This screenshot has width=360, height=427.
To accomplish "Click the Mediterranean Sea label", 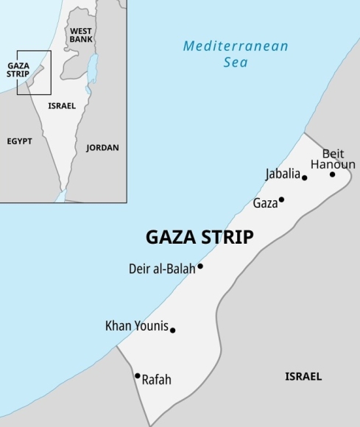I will [x=235, y=54].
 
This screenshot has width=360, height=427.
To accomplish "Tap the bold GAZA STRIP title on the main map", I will [x=200, y=237].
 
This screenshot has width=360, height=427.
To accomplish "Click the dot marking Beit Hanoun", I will [x=332, y=174].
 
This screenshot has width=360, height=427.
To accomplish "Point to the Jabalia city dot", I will [x=304, y=177].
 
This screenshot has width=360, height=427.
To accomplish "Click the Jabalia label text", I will [x=283, y=174].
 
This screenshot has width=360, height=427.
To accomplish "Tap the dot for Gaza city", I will [x=281, y=200].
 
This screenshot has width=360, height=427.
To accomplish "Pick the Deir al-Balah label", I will [x=161, y=269].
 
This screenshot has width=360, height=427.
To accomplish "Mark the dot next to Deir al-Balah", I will [x=200, y=266].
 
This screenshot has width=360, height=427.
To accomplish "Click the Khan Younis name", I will [x=137, y=325].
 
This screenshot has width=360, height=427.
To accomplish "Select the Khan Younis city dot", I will [x=173, y=330].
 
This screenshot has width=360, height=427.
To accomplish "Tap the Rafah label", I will [x=156, y=380].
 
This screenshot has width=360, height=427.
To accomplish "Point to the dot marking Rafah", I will [x=138, y=375].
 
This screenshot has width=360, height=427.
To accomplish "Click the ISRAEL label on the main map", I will [x=303, y=376].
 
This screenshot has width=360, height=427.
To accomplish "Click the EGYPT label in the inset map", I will [x=20, y=141].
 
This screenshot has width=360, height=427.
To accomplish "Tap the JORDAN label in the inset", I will [x=102, y=147].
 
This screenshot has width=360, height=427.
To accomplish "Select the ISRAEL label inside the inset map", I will [x=62, y=106].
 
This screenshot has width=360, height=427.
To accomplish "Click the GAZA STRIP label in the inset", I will [x=18, y=70].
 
